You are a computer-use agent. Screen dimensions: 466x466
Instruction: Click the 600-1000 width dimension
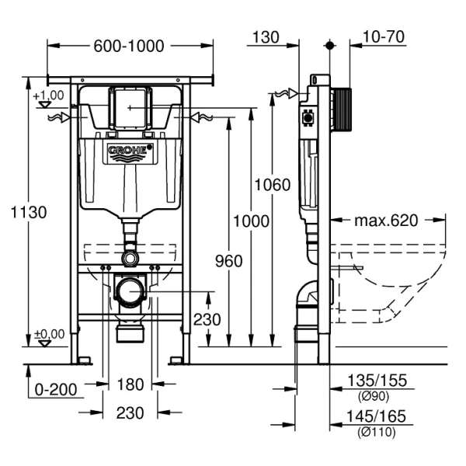click(129, 46)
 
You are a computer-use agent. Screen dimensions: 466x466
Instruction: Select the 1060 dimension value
click(273, 185)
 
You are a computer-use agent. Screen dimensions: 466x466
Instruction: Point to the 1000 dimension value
click(252, 221)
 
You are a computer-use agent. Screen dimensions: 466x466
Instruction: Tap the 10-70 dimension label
click(382, 37)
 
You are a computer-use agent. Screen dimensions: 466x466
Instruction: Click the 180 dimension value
click(130, 384)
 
